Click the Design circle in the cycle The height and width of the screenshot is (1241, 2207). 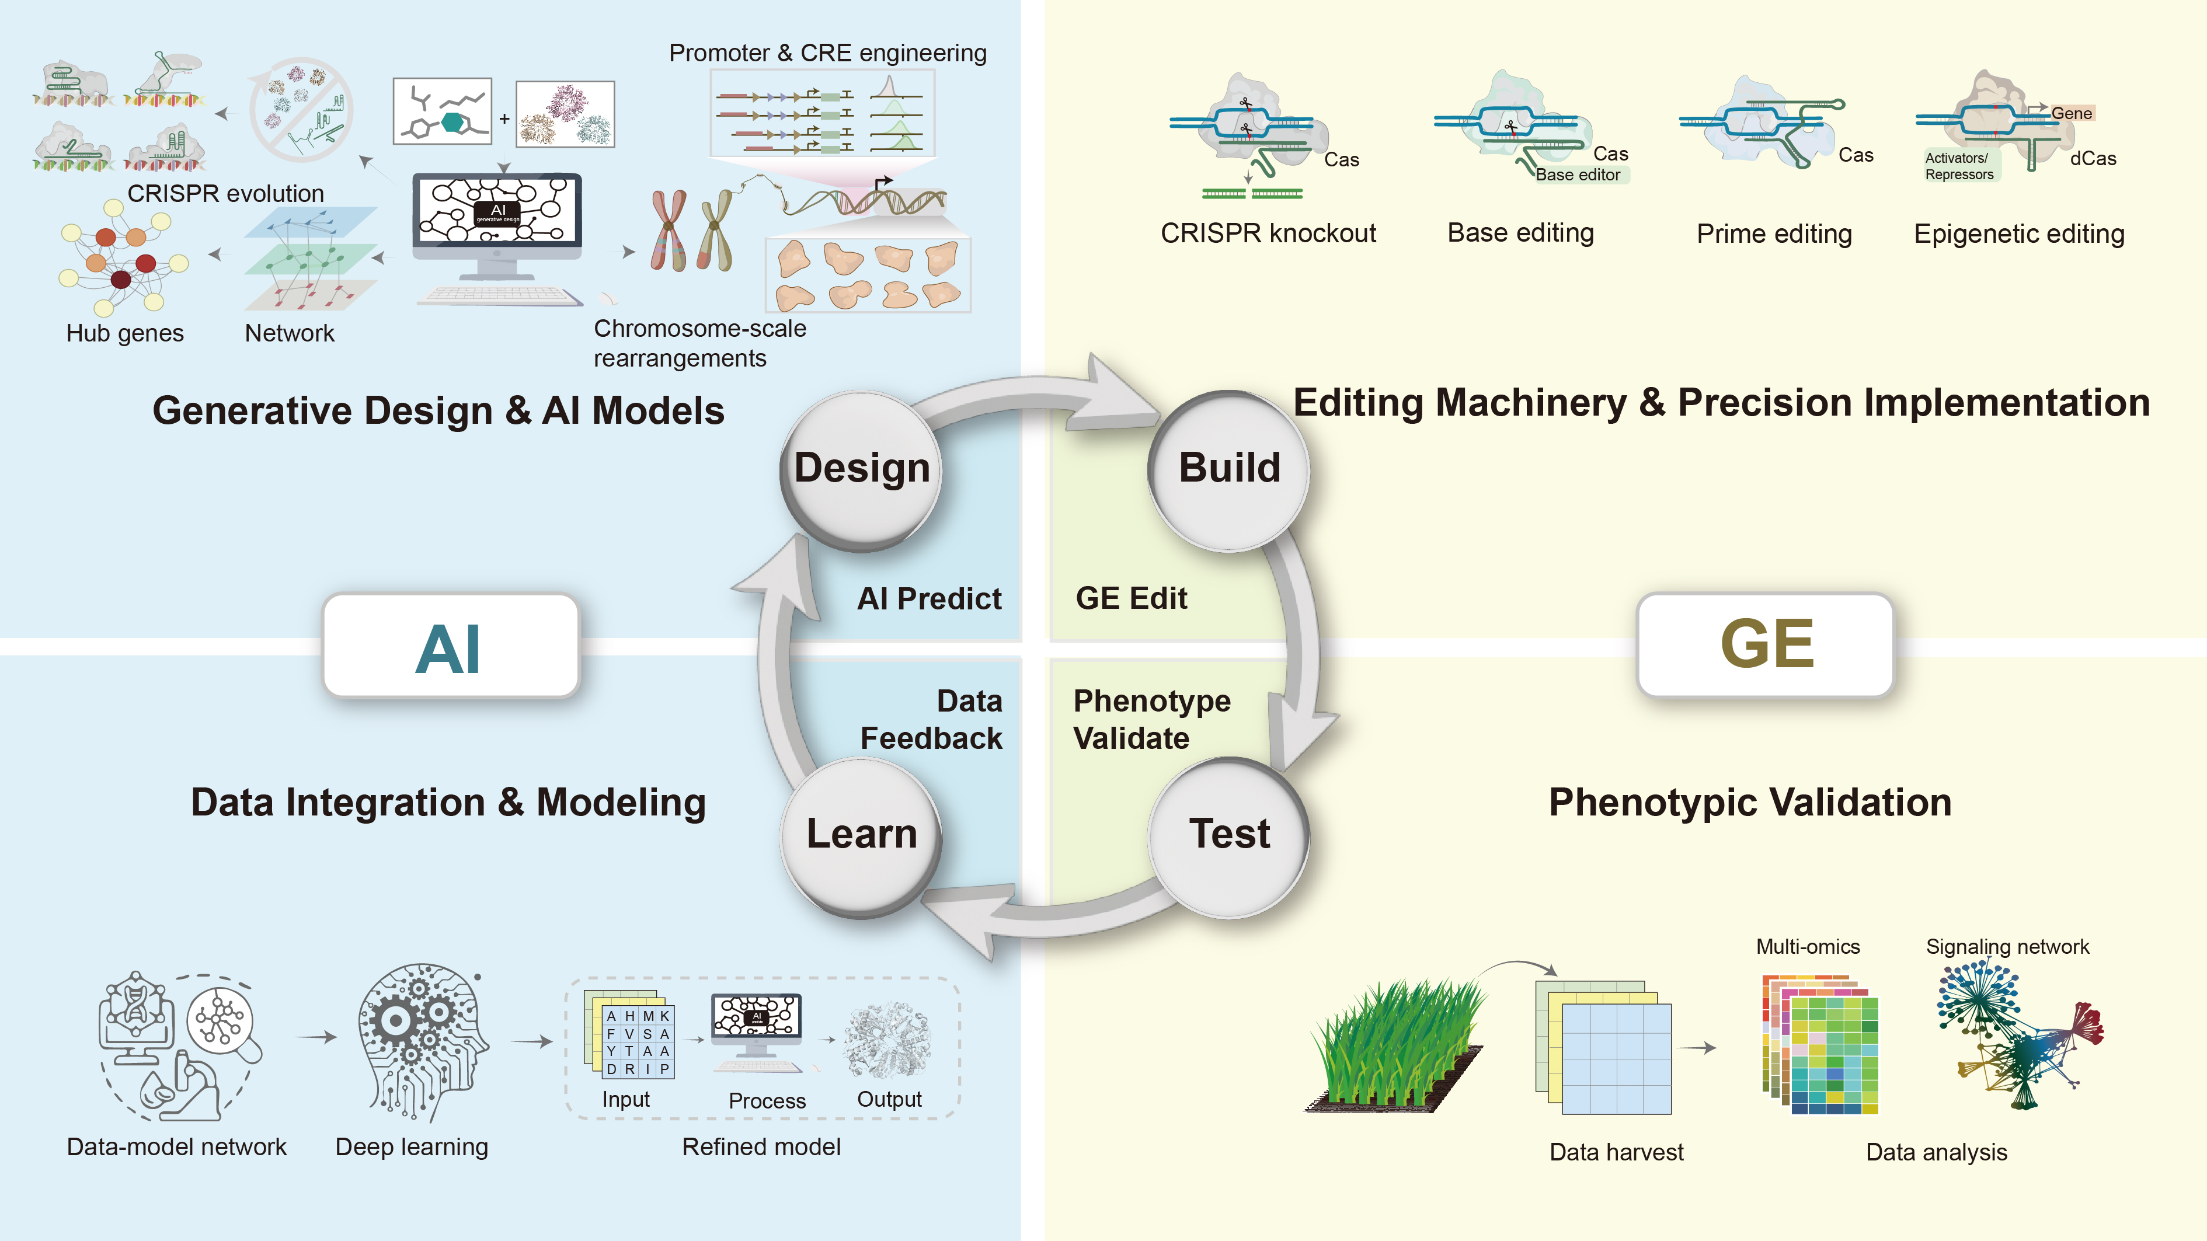(861, 469)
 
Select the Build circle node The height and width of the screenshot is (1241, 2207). (1230, 469)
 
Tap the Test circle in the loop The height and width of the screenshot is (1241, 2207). (1230, 835)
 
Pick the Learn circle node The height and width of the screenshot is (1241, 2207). (861, 835)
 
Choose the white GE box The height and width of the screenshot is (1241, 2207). (1766, 644)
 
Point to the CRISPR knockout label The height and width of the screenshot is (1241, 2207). (1268, 233)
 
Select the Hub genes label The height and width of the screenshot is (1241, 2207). (125, 333)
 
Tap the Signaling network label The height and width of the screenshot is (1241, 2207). (2007, 946)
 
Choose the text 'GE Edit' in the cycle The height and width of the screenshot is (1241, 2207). (1131, 598)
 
